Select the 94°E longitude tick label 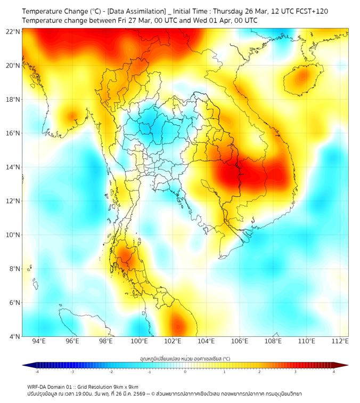[39, 341]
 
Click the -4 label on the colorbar [36, 372]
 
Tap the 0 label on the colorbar [185, 372]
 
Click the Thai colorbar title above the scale [185, 359]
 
